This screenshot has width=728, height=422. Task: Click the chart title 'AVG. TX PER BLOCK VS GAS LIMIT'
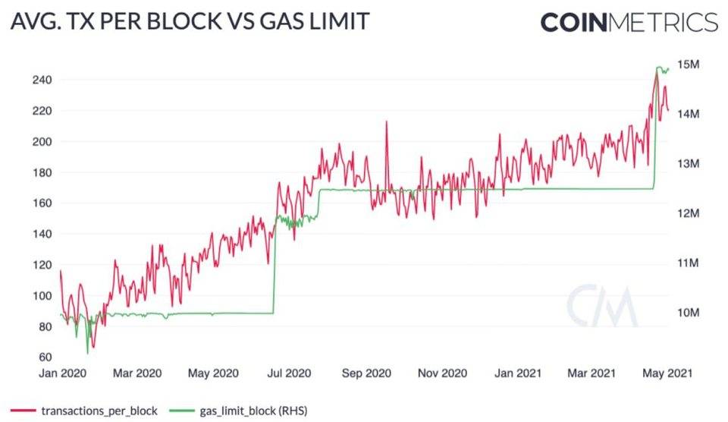coord(189,21)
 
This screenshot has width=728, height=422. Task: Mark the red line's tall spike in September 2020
coord(387,121)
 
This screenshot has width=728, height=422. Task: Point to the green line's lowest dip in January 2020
coord(87,352)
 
